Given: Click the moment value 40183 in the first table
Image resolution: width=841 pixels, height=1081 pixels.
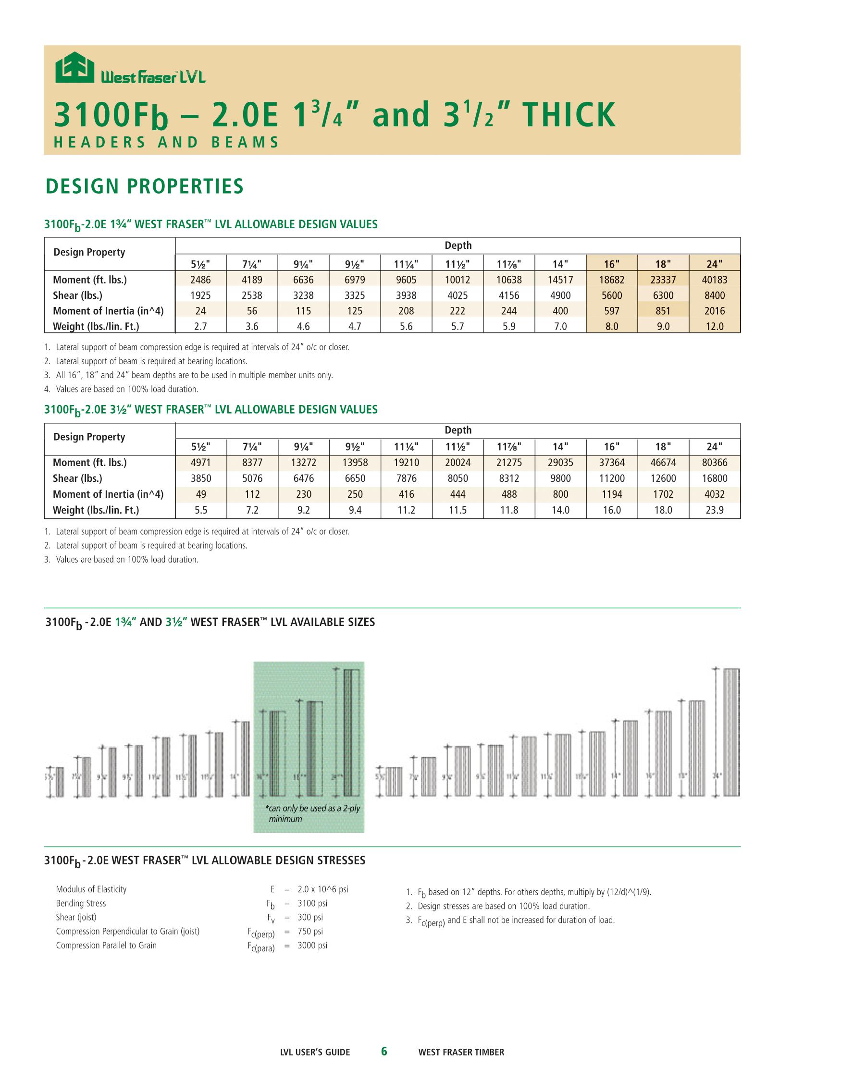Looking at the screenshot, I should pos(714,280).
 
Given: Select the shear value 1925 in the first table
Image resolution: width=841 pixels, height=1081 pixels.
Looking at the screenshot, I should pos(200,295).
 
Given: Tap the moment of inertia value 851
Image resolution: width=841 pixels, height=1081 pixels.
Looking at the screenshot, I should pos(663,311).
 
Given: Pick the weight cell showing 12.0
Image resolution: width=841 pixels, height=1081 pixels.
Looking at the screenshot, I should pos(714,327).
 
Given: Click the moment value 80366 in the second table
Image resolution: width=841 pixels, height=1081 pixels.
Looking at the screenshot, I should pos(714,463).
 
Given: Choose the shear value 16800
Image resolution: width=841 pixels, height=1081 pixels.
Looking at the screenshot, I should pos(714,479).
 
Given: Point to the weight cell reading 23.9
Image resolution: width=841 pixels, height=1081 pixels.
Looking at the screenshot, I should pos(714,510).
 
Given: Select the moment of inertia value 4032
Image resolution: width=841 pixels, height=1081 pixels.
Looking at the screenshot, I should pos(714,494).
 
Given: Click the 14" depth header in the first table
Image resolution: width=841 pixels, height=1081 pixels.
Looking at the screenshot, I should pos(560,263).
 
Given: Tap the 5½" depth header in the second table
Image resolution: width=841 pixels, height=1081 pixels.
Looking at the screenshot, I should pos(200,447).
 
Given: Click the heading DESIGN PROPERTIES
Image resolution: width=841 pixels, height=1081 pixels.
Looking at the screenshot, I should pos(145,186).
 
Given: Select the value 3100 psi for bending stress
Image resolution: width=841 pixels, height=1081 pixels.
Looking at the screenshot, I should pos(312,903).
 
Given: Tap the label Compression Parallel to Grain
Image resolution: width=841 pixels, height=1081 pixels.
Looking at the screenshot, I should pos(106,946).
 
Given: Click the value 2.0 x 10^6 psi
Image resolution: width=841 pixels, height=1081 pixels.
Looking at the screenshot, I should pos(323,889).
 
